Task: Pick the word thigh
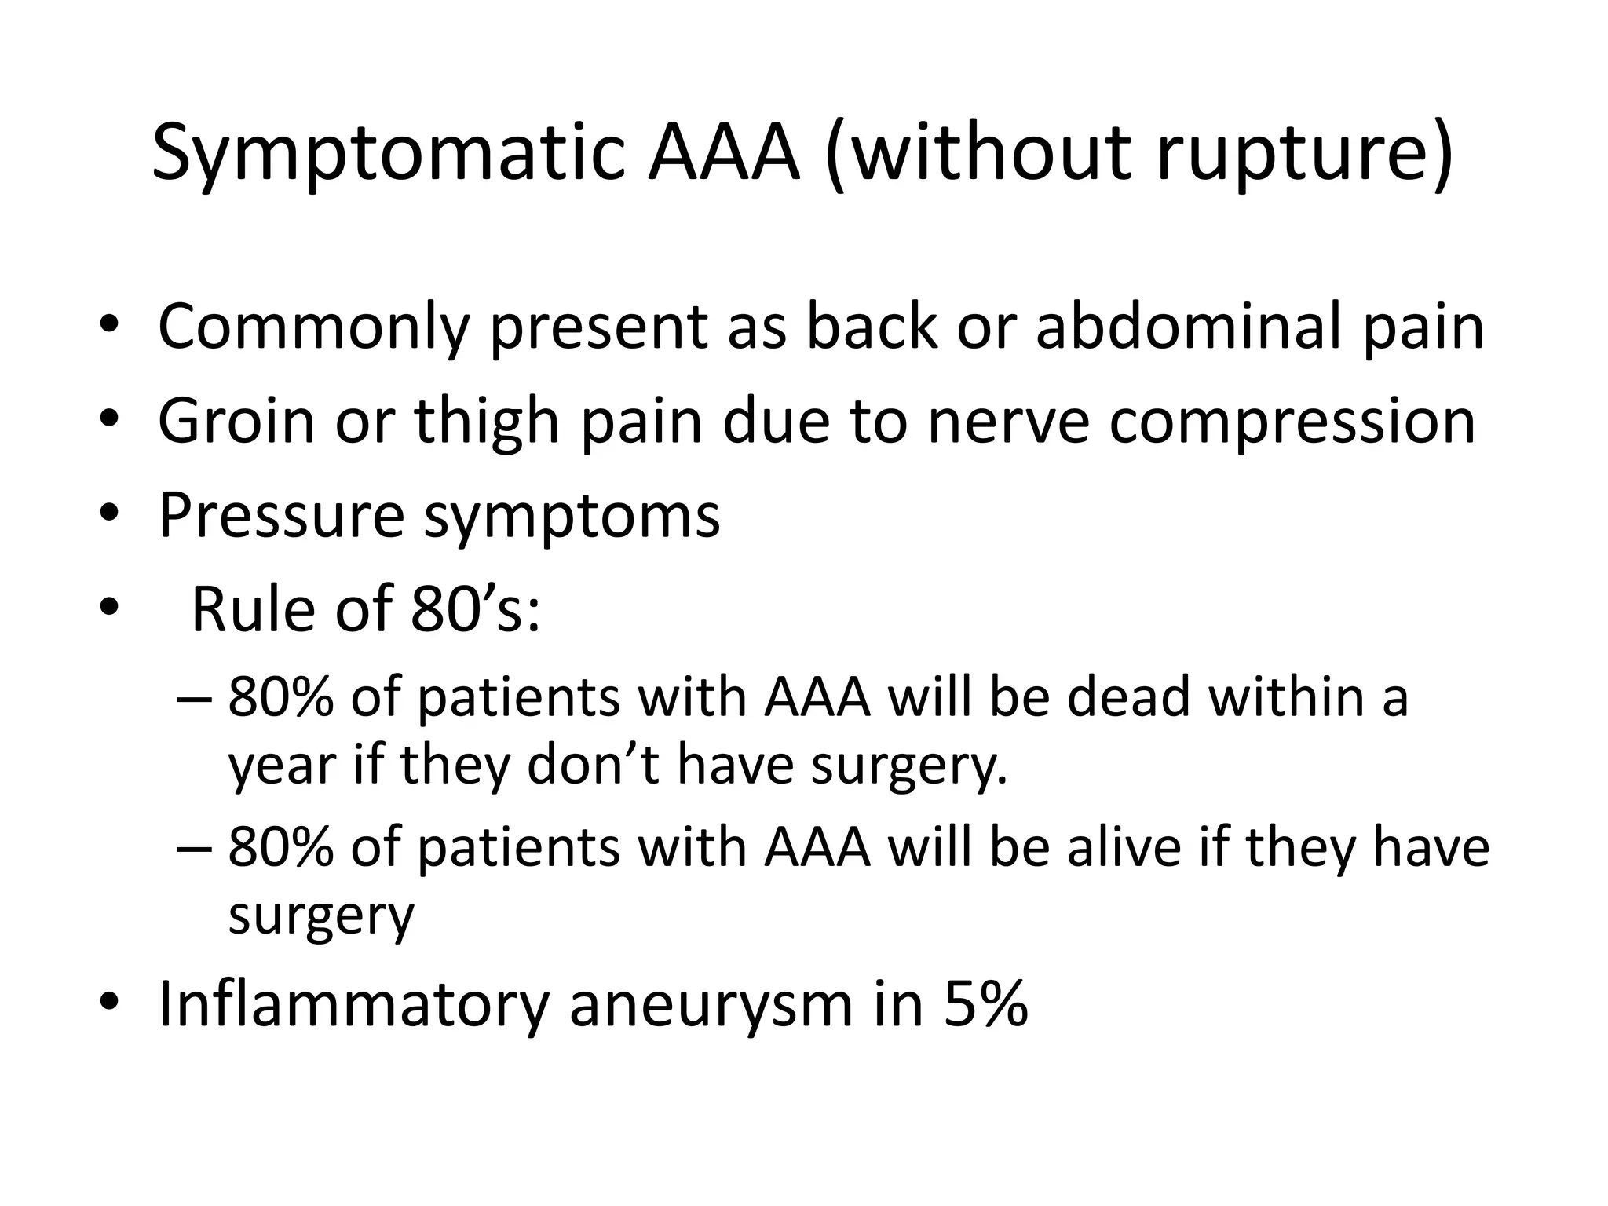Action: pos(487,422)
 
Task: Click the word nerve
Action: pos(1008,422)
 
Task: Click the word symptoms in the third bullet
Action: pos(572,517)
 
